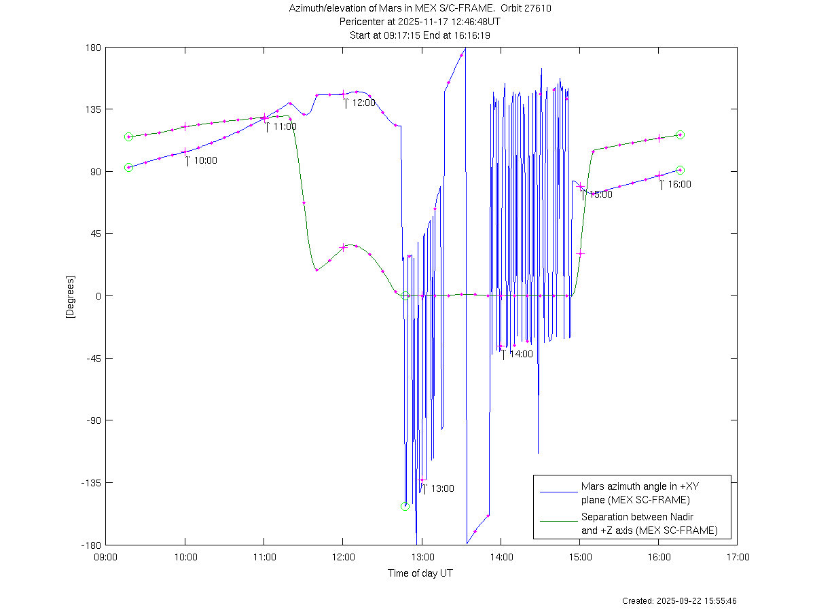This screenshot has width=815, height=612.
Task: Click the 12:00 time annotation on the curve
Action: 363,103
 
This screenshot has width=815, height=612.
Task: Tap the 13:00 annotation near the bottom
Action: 442,488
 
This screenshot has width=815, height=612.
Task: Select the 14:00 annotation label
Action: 521,354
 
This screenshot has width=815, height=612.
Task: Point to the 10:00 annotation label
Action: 205,161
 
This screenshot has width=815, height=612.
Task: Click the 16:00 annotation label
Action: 679,184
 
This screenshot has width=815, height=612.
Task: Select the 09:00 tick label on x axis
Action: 106,558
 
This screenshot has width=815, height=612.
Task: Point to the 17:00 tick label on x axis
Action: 738,558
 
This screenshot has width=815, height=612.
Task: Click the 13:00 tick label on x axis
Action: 422,558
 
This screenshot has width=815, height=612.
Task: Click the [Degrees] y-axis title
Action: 70,296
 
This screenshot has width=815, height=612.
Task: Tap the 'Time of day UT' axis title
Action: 420,573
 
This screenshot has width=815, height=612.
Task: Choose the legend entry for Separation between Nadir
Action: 649,524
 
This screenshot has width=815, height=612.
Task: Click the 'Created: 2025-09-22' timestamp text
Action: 679,601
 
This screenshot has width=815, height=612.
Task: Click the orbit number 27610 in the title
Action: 537,8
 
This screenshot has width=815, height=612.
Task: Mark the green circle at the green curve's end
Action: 680,135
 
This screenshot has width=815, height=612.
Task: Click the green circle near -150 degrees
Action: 405,506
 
